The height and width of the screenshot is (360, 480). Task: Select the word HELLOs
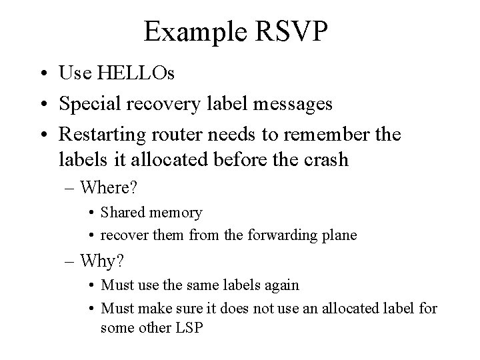pyautogui.click(x=136, y=73)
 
